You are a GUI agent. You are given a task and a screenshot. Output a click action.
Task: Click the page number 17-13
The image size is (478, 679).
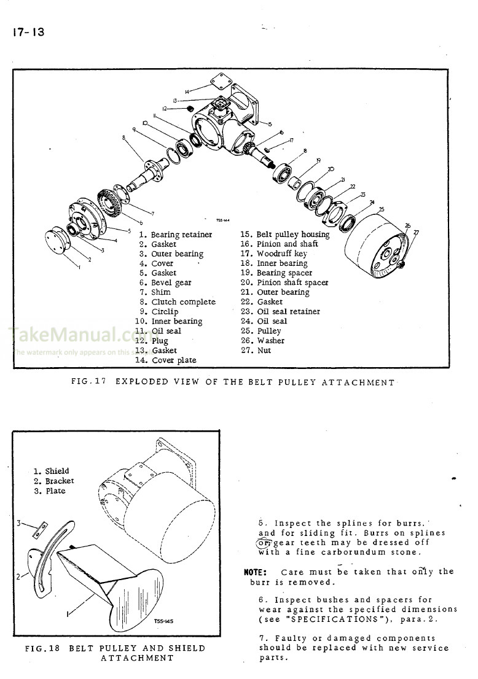point(27,32)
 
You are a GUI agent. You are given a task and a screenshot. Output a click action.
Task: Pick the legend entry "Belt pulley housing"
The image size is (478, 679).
point(292,235)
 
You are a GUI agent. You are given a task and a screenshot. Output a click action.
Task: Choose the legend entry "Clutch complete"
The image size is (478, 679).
point(183,302)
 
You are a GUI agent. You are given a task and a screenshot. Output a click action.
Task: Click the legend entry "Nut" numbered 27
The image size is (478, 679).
point(264,351)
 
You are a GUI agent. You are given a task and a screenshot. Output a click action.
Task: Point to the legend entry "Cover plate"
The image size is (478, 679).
point(174,360)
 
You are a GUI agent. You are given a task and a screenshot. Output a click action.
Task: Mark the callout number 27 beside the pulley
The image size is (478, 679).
point(416,232)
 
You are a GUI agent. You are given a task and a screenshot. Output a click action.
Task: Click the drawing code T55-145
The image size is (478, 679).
point(163,621)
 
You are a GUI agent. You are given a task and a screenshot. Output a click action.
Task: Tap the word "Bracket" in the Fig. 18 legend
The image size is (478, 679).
point(60,481)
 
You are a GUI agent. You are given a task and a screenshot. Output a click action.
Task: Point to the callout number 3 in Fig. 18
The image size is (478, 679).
point(18,524)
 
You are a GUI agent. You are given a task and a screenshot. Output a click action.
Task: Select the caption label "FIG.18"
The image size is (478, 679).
point(42,648)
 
